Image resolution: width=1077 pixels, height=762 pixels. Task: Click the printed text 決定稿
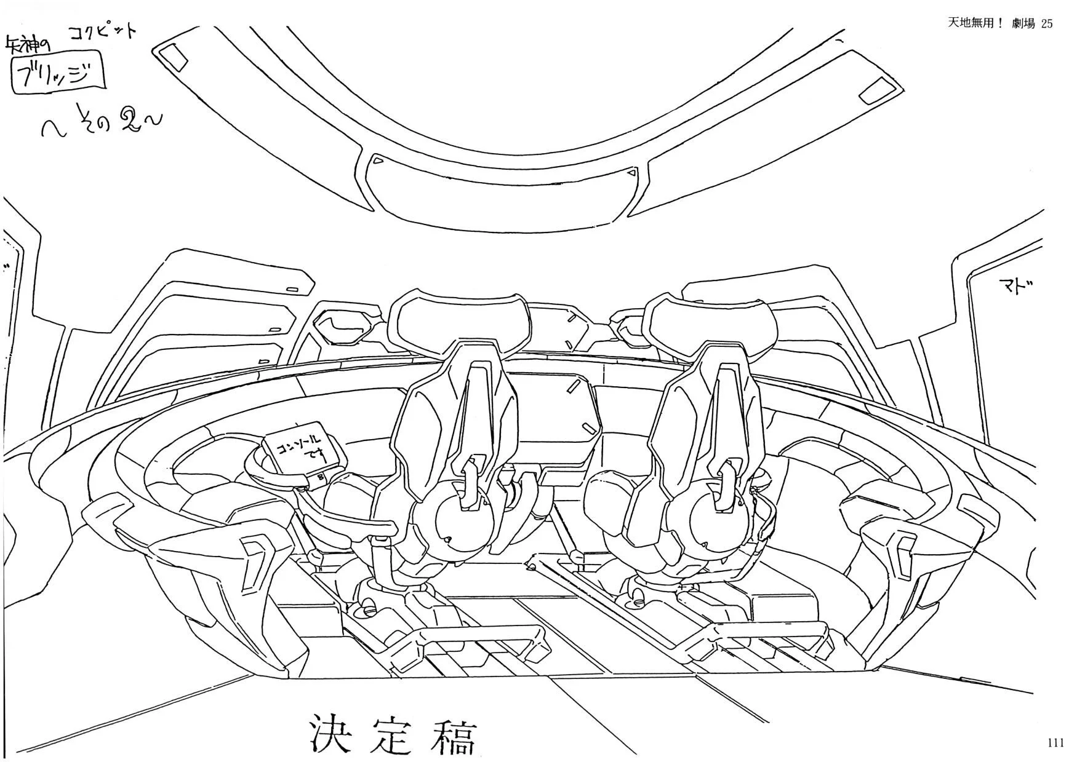pyautogui.click(x=393, y=735)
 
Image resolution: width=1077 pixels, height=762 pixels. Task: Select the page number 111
pyautogui.click(x=1055, y=743)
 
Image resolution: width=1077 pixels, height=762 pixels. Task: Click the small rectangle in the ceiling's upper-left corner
pyautogui.click(x=174, y=57)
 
